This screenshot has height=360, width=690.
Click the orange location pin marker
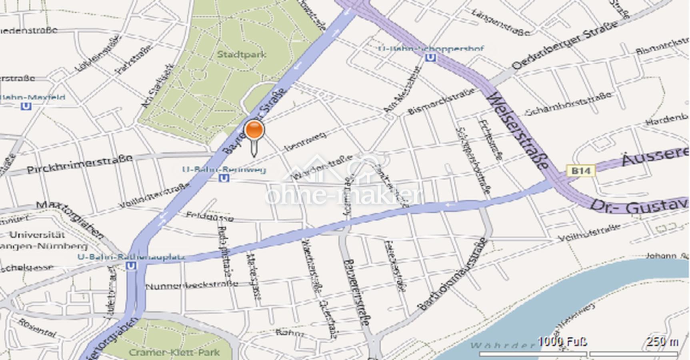[254, 131]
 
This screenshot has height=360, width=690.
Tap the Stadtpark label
[241, 54]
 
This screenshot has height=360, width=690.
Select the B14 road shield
[581, 171]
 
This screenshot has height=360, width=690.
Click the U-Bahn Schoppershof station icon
[430, 58]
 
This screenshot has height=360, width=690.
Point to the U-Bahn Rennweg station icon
[225, 178]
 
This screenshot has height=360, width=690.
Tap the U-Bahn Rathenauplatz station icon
[130, 266]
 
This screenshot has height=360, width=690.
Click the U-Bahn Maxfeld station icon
[26, 106]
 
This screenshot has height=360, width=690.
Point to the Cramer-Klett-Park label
[174, 352]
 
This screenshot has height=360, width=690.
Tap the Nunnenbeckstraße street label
[192, 286]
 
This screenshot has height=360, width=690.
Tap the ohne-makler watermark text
[343, 195]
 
